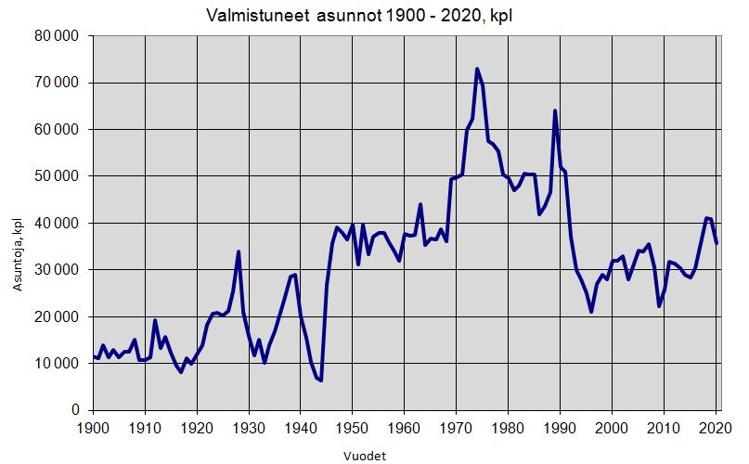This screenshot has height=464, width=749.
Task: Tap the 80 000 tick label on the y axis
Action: pyautogui.click(x=58, y=36)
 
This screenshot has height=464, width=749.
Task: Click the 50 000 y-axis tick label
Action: pyautogui.click(x=58, y=176)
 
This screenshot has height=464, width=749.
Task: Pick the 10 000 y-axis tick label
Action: pyautogui.click(x=58, y=363)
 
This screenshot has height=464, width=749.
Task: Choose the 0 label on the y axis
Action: pyautogui.click(x=77, y=410)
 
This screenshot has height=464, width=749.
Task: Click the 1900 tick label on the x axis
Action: pyautogui.click(x=93, y=428)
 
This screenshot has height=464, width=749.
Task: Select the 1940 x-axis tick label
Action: pyautogui.click(x=300, y=428)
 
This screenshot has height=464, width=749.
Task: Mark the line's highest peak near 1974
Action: pyautogui.click(x=477, y=69)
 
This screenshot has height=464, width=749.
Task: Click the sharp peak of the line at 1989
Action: pyautogui.click(x=555, y=111)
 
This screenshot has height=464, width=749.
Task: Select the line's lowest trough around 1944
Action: pyautogui.click(x=321, y=380)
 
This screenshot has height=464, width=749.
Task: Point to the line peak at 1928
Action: pyautogui.click(x=239, y=251)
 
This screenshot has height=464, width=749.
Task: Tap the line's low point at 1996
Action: pyautogui.click(x=591, y=312)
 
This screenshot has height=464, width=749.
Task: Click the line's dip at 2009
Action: pyautogui.click(x=659, y=306)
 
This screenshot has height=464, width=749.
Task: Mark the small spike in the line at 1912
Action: pyautogui.click(x=155, y=320)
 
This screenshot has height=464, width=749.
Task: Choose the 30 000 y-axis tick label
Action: pyautogui.click(x=58, y=270)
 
